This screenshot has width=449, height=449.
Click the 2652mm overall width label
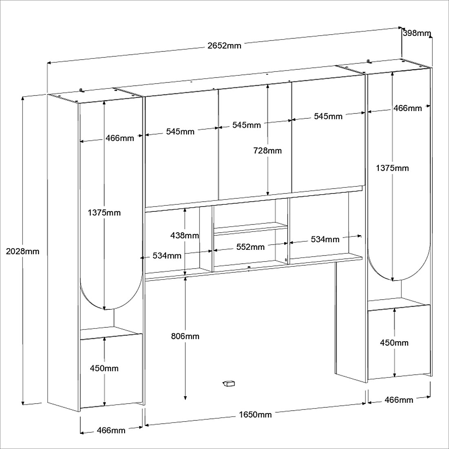click(224, 46)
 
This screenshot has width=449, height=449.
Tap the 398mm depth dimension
click(417, 33)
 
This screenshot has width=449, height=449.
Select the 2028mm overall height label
click(23, 251)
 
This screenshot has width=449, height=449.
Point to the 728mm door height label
click(267, 151)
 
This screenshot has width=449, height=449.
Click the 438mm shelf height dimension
click(185, 236)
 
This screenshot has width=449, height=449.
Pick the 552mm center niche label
click(251, 247)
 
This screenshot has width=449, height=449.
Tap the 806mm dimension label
click(185, 336)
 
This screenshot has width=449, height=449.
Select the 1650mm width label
click(255, 415)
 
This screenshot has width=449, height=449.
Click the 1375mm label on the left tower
click(104, 213)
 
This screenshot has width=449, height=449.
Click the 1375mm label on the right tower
click(392, 168)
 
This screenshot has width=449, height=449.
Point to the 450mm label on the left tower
click(104, 368)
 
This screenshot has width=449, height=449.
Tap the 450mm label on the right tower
click(394, 343)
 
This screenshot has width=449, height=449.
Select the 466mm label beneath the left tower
click(111, 430)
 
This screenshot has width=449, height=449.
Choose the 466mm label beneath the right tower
click(399, 400)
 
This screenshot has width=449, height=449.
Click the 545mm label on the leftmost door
click(180, 131)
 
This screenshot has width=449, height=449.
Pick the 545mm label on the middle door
click(247, 125)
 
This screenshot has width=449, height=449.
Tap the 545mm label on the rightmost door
click(328, 116)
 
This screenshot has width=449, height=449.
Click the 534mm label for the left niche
click(167, 256)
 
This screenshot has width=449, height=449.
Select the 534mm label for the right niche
click(325, 239)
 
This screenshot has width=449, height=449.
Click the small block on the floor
click(229, 383)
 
